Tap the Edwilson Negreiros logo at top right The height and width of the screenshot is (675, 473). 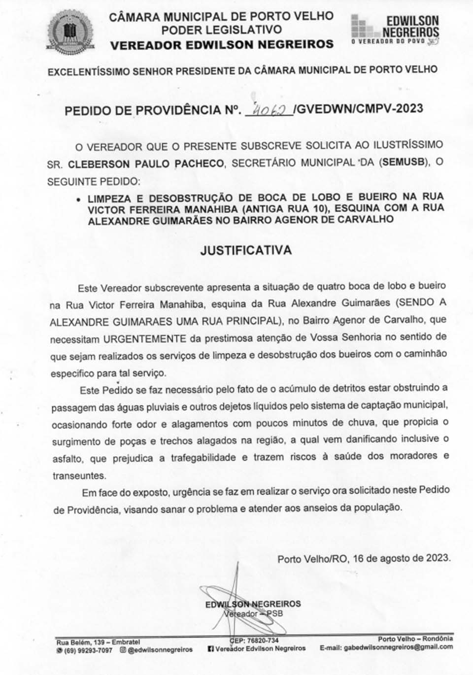pyautogui.click(x=395, y=30)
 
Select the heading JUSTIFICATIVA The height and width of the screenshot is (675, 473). pyautogui.click(x=245, y=250)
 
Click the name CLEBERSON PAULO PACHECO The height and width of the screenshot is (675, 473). pyautogui.click(x=146, y=164)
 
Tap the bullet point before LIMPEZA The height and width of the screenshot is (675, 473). pyautogui.click(x=78, y=200)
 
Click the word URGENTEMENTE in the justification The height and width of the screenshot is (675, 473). pyautogui.click(x=145, y=338)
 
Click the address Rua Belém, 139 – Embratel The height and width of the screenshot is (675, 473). pyautogui.click(x=98, y=642)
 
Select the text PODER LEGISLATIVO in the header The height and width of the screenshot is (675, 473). pyautogui.click(x=222, y=30)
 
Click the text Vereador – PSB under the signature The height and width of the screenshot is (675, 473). pyautogui.click(x=253, y=614)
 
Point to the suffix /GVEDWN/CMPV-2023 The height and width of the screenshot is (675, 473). pyautogui.click(x=358, y=109)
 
